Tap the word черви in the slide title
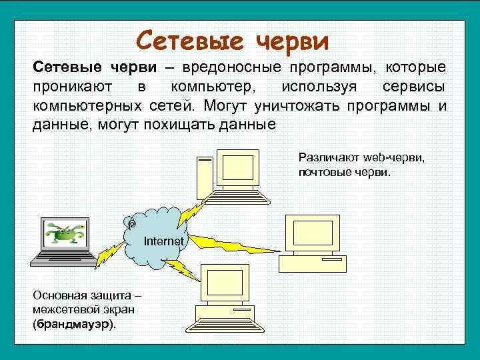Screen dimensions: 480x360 pyautogui.click(x=292, y=41)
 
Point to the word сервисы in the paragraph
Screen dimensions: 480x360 pyautogui.click(x=414, y=87)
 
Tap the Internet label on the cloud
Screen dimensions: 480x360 pyautogui.click(x=164, y=241)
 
